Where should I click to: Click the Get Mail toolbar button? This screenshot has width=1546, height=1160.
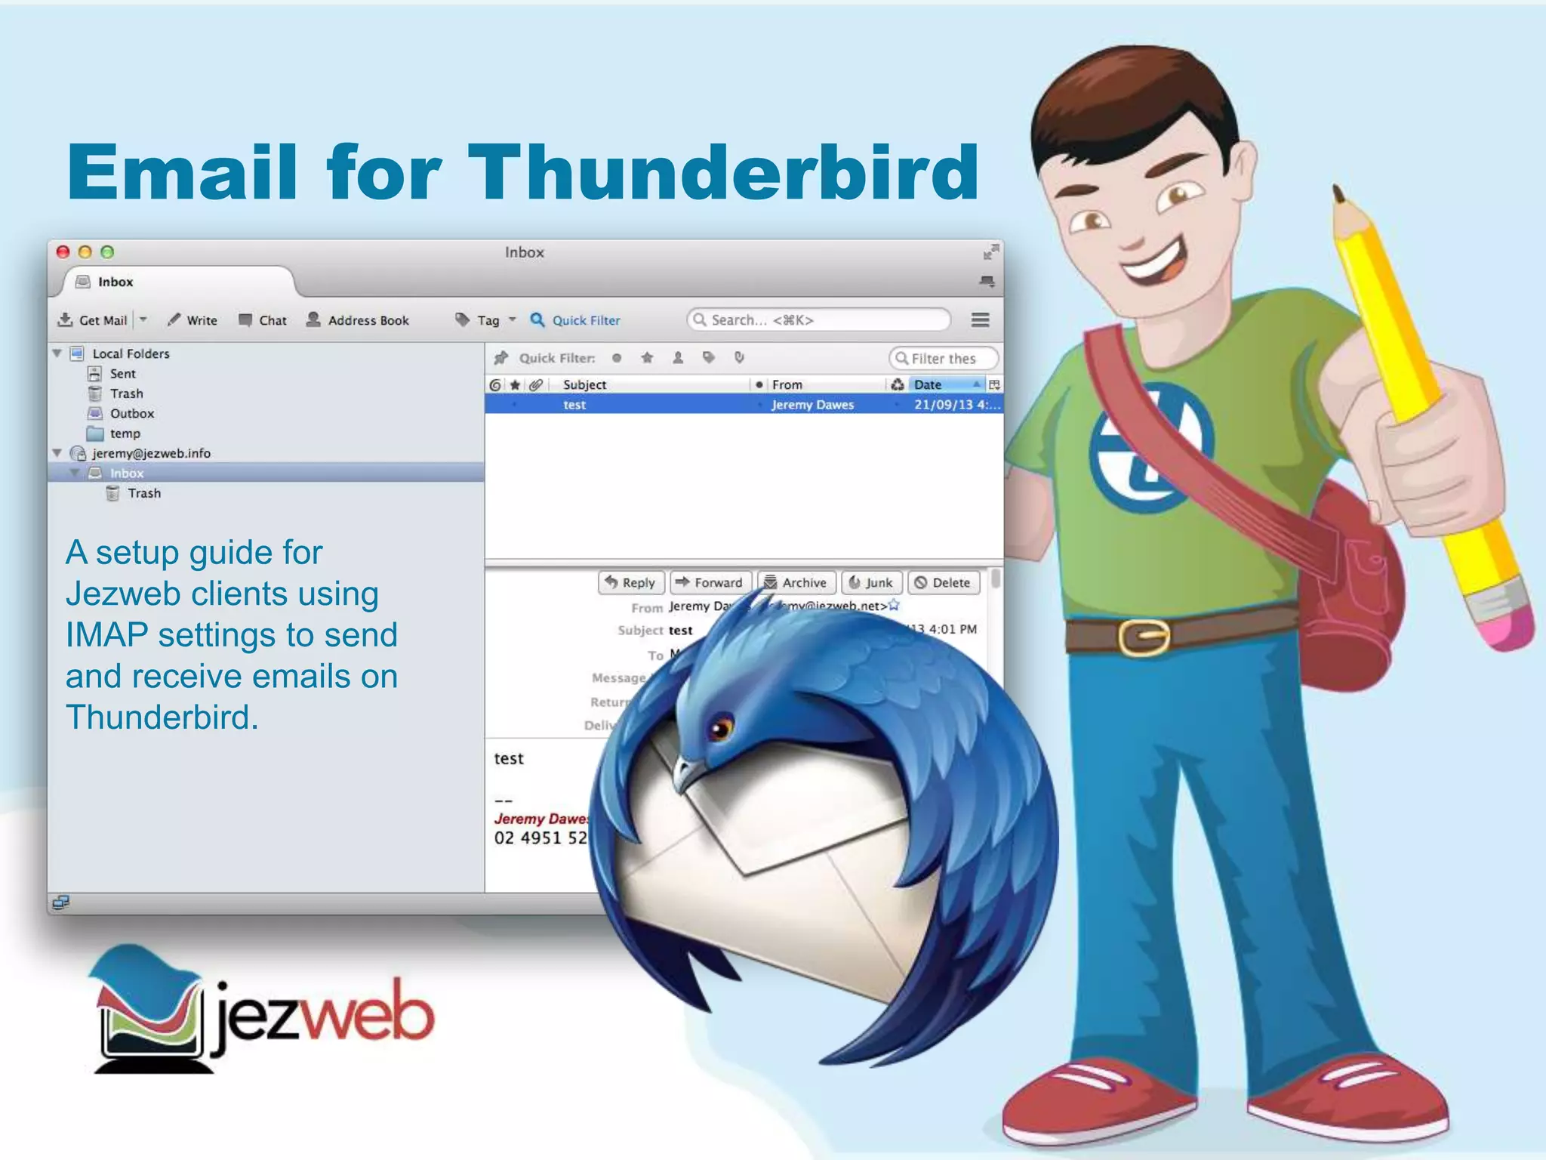tap(93, 320)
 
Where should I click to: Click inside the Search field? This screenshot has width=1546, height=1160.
tap(823, 320)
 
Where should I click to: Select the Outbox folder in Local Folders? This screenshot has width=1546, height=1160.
tap(131, 414)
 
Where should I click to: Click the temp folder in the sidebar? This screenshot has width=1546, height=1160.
tap(125, 433)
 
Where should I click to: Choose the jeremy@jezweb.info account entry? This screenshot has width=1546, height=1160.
tap(151, 453)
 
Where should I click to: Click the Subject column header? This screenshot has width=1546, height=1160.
tap(584, 384)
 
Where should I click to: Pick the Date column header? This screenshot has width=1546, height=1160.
tap(928, 384)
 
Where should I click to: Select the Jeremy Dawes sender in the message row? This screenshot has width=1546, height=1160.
tap(812, 405)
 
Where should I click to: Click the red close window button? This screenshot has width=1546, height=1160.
tap(63, 252)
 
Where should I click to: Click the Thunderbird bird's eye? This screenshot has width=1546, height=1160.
tap(720, 728)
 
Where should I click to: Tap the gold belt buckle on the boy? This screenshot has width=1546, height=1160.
tap(1144, 637)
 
